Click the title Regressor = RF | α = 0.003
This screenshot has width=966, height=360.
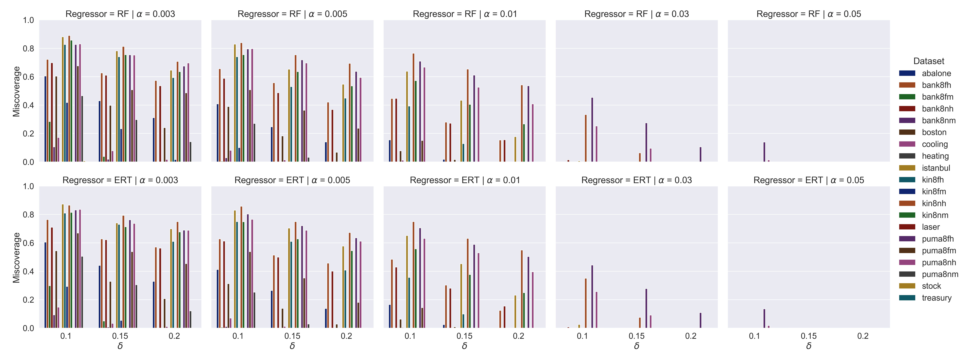(x=120, y=14)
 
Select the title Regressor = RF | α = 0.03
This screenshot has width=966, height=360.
(x=636, y=14)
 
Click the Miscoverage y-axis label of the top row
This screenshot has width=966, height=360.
(x=16, y=91)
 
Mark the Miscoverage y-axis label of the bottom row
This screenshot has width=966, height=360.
(x=16, y=258)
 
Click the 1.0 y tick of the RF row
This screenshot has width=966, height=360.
(x=29, y=20)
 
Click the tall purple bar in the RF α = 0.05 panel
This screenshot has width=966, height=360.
(x=764, y=152)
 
